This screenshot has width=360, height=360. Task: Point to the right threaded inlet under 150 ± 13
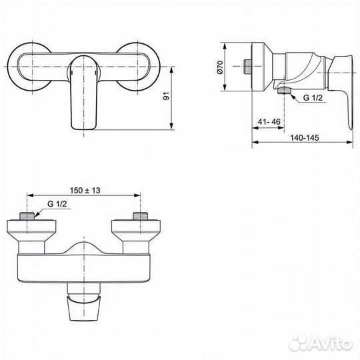coord(141,215)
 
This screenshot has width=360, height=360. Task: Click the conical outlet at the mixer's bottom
coord(84,306)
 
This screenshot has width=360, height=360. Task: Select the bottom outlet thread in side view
coord(285,91)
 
